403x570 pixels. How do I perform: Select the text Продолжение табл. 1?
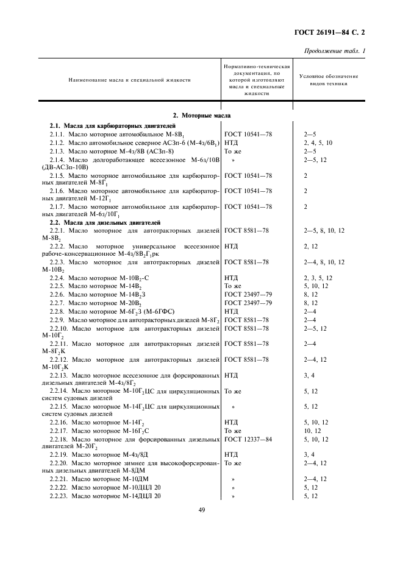[334, 50]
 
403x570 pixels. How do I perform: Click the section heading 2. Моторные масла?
[201, 114]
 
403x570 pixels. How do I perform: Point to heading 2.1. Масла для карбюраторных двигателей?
[105, 125]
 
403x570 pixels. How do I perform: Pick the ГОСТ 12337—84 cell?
[248, 438]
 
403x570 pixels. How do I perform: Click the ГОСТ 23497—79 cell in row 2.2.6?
[248, 295]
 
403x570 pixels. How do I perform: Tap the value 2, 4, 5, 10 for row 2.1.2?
[318, 142]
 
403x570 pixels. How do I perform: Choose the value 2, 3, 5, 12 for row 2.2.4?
[318, 278]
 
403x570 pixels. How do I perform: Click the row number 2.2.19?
[62, 454]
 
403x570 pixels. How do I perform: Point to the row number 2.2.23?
[62, 496]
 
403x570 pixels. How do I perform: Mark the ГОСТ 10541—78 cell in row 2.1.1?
[248, 133]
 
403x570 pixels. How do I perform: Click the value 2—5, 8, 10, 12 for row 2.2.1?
[324, 231]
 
